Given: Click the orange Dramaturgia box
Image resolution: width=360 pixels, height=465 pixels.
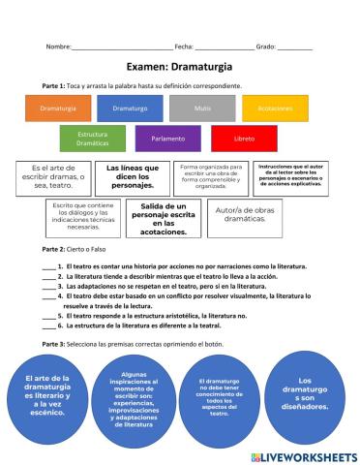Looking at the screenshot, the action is point(57,108).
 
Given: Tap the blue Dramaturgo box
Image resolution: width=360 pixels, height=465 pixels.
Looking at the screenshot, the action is point(130,108).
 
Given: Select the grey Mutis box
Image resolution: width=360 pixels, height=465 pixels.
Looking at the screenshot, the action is point(202,108).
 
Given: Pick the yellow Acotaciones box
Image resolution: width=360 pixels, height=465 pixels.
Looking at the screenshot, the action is point(276,108).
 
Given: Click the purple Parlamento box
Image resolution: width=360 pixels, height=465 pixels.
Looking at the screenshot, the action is point(167,139).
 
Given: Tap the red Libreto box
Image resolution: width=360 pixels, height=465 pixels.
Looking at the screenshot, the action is point(244,139).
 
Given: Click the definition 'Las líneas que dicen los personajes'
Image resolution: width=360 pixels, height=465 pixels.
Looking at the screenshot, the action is point(132,176).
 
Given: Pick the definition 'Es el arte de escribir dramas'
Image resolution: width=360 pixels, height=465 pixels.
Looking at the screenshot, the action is point(53,176).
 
